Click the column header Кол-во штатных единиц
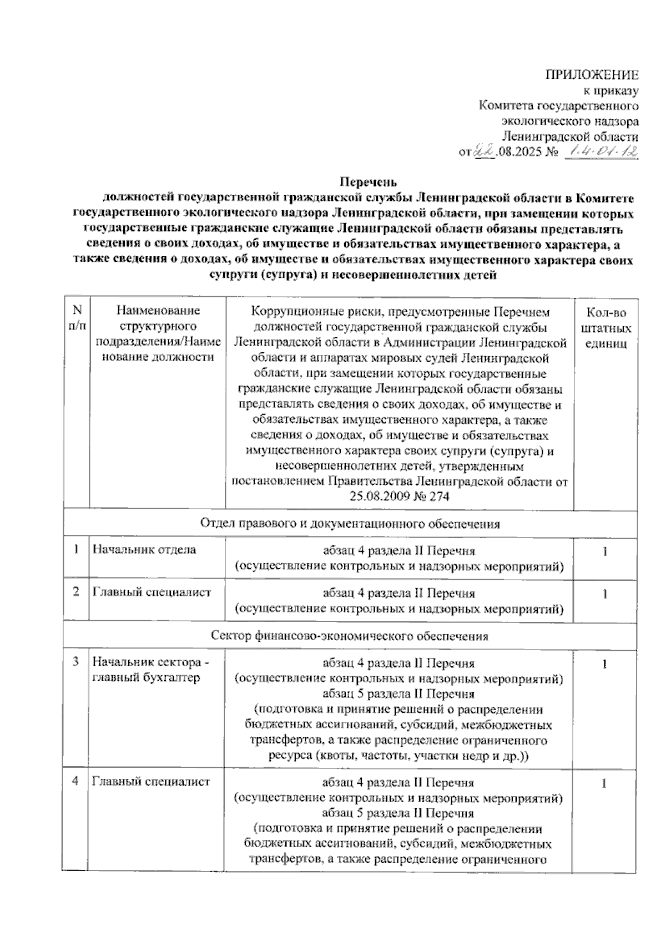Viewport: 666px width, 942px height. [x=606, y=328]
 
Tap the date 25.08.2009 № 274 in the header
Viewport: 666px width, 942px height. [x=399, y=497]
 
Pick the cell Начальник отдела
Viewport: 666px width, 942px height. [x=144, y=550]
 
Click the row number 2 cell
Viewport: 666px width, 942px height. [x=76, y=592]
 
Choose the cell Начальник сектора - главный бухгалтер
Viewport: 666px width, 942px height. [x=151, y=670]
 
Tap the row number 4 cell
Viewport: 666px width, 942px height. [x=75, y=782]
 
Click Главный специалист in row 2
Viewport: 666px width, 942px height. [x=152, y=592]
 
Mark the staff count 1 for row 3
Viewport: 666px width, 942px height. [x=606, y=664]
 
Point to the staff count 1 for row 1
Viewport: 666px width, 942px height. [x=606, y=551]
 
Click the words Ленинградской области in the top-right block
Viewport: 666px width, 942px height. [x=569, y=136]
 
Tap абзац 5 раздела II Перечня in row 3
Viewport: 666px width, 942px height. [x=398, y=694]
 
